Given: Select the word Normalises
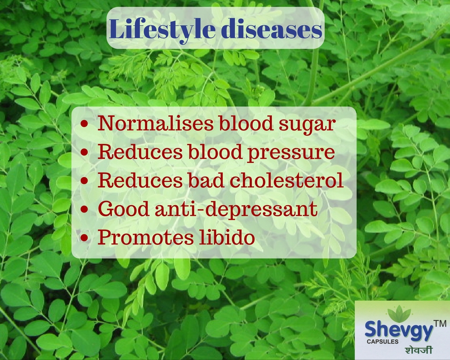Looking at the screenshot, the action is coord(155,123).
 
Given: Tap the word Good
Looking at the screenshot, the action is coord(123,209).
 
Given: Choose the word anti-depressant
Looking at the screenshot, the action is coord(236,210).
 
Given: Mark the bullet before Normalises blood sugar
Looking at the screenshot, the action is coord(85,124).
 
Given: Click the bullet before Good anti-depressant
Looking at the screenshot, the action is coord(85,209).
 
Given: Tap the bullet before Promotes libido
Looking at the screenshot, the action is coord(85,238).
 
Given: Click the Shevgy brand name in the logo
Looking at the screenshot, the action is coord(399,330).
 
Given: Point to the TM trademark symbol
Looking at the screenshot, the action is coord(440,323).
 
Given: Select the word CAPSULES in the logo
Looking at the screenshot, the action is coord(382,341).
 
